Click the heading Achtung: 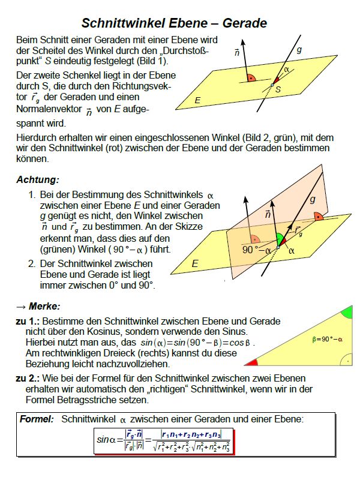(38, 179)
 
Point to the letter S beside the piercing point (278, 89)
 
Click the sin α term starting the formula (109, 440)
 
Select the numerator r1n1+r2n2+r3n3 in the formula (191, 434)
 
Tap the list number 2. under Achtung (33, 263)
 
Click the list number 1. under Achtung (33, 196)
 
